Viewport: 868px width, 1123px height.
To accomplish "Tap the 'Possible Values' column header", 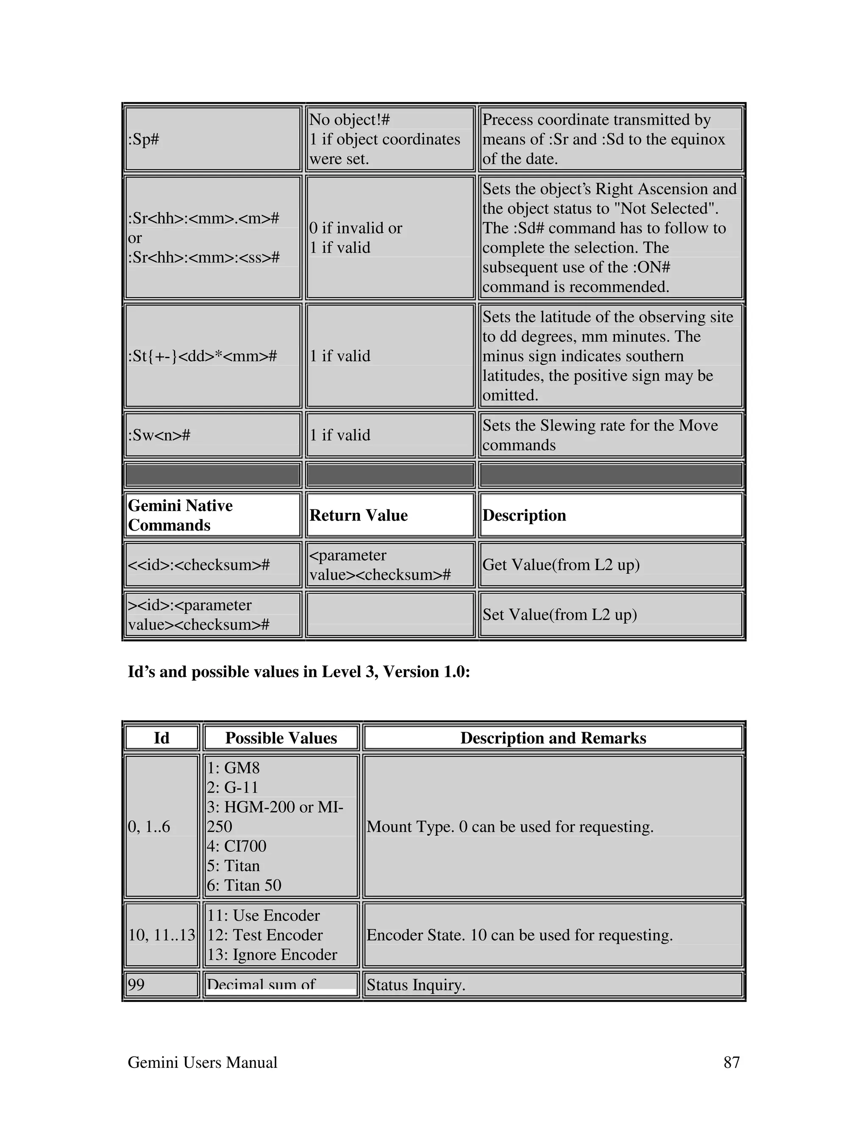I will [281, 738].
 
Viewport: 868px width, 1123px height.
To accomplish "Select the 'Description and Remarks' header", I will [553, 738].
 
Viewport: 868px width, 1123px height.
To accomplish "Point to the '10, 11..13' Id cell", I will [161, 935].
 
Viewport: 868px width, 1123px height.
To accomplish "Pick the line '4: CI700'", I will [236, 846].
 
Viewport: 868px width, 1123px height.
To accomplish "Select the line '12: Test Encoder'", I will [265, 935].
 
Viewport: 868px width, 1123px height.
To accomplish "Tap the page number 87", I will [731, 1062].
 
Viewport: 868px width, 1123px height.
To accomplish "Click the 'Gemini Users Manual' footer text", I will [203, 1062].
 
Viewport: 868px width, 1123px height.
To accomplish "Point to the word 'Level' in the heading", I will [341, 672].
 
